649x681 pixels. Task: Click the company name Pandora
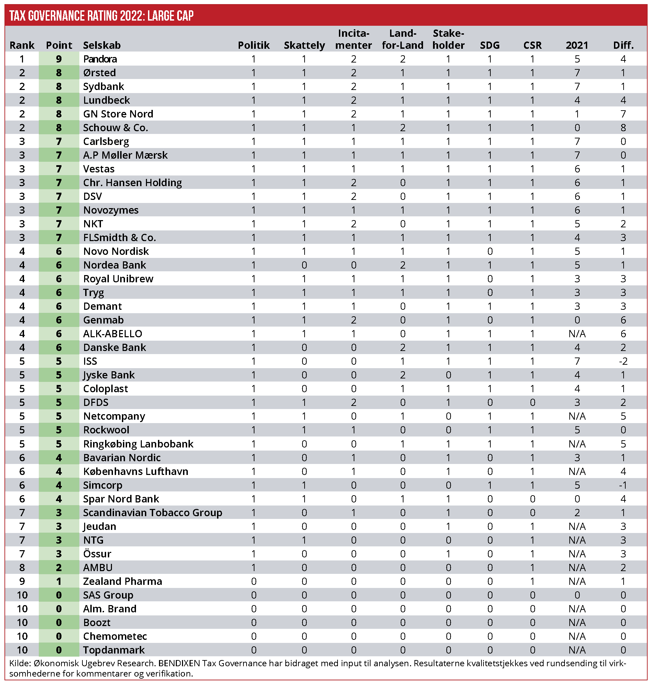pyautogui.click(x=100, y=59)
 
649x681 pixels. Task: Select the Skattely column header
pyautogui.click(x=304, y=45)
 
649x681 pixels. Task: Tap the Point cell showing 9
pyautogui.click(x=59, y=59)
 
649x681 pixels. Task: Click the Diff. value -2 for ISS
pyautogui.click(x=623, y=361)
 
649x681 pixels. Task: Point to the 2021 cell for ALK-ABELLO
pyautogui.click(x=577, y=334)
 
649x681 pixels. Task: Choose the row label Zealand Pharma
pyautogui.click(x=123, y=581)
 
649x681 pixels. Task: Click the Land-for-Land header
pyautogui.click(x=402, y=39)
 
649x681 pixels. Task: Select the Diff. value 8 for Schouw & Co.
pyautogui.click(x=623, y=128)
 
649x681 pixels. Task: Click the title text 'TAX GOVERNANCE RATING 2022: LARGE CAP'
pyautogui.click(x=101, y=16)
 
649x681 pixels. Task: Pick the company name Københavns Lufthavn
pyautogui.click(x=136, y=471)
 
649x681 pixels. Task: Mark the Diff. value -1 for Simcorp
pyautogui.click(x=623, y=485)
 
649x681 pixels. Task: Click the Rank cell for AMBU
pyautogui.click(x=22, y=567)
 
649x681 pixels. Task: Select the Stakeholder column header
pyautogui.click(x=448, y=39)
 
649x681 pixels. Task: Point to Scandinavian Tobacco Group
pyautogui.click(x=152, y=512)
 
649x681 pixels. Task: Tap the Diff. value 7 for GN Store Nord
pyautogui.click(x=623, y=114)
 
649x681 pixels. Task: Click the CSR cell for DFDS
pyautogui.click(x=532, y=402)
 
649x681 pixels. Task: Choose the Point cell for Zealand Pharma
pyautogui.click(x=59, y=581)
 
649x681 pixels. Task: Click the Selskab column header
pyautogui.click(x=102, y=45)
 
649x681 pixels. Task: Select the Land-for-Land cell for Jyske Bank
pyautogui.click(x=402, y=375)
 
